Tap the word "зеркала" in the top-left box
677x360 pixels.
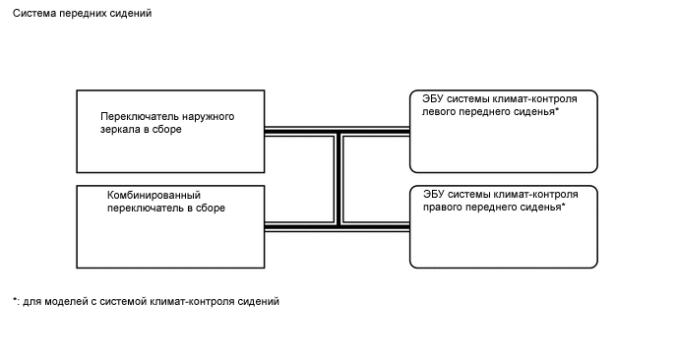click(x=121, y=130)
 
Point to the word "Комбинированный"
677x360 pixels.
click(x=153, y=195)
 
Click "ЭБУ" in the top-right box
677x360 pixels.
click(x=433, y=99)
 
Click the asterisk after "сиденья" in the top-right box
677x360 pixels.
click(x=558, y=111)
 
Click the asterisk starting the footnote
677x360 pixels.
click(x=15, y=300)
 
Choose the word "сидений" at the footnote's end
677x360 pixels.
click(x=261, y=302)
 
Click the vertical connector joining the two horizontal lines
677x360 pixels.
click(x=338, y=179)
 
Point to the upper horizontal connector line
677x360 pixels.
click(x=295, y=131)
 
